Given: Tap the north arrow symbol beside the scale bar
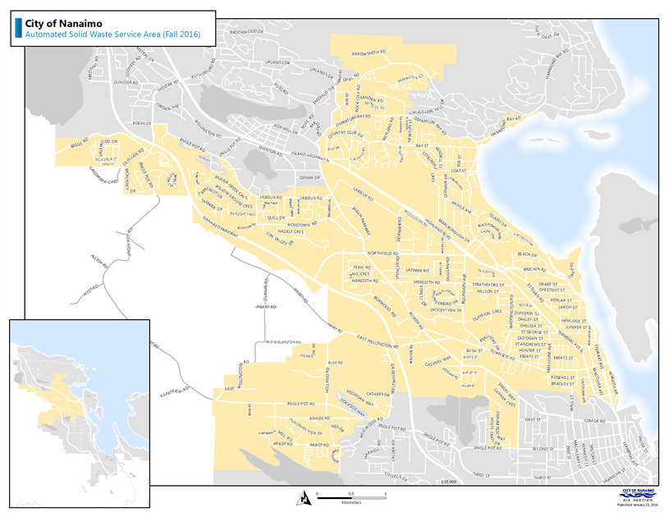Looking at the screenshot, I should (x=305, y=496).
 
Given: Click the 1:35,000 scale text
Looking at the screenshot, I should (x=448, y=483).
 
